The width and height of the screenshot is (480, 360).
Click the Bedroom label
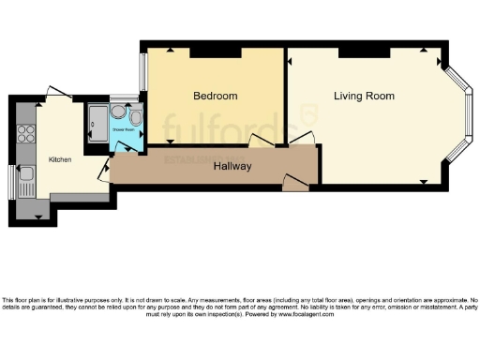pyautogui.click(x=215, y=96)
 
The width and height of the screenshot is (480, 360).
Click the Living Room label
pyautogui.click(x=364, y=96)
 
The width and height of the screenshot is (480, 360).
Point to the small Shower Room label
pyautogui.click(x=125, y=129)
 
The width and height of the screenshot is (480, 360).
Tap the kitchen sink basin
pyautogui.click(x=25, y=173)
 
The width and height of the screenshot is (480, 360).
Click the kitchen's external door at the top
pyautogui.click(x=58, y=94)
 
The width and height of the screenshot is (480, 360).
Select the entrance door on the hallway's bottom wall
pyautogui.click(x=295, y=187)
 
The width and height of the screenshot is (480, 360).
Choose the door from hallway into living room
pyautogui.click(x=302, y=142)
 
